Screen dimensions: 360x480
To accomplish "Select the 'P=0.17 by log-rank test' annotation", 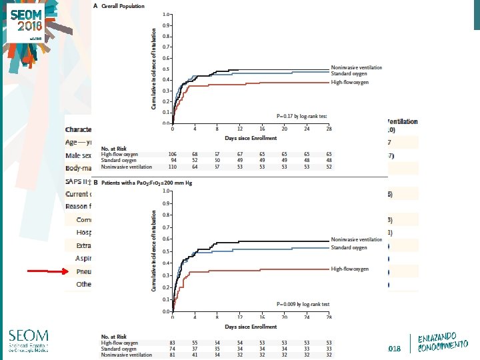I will coord(302,116).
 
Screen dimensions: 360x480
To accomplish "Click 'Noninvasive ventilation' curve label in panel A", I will coord(357,67).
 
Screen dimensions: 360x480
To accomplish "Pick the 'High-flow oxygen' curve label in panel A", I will coord(349,82).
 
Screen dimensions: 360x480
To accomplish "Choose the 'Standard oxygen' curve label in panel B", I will coord(349,247).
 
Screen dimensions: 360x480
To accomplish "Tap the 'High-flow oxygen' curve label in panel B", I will coord(349,269).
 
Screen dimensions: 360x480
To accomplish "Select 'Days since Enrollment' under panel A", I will coord(251,137).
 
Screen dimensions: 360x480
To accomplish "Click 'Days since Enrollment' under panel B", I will coord(251,327).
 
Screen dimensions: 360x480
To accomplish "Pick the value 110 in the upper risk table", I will coord(173,167).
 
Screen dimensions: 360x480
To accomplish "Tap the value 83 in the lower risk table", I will coord(173,342).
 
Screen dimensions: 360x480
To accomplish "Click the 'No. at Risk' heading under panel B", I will coord(114,335).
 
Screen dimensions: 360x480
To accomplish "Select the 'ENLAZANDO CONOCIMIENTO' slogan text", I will coord(443,338).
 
